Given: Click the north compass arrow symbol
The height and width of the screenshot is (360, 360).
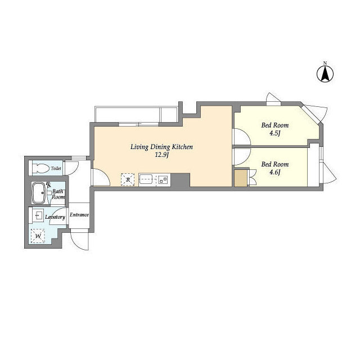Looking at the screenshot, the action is [x=325, y=74].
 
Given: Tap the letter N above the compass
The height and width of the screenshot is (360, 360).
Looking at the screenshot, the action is [x=325, y=63].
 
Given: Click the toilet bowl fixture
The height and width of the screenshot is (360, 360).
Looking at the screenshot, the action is [x=41, y=168].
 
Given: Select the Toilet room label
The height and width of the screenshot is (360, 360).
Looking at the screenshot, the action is [x=56, y=168].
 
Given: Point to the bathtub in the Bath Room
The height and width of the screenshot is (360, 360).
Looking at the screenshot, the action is [x=38, y=193].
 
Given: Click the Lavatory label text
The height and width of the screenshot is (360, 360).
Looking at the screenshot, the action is [x=55, y=217].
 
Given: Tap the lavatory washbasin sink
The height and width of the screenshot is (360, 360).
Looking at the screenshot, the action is [x=38, y=215].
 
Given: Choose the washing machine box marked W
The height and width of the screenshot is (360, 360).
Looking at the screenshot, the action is [x=38, y=236].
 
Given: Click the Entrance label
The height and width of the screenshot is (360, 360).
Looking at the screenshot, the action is [x=79, y=215].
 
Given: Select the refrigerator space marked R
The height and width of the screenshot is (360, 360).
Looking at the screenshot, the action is [x=128, y=179].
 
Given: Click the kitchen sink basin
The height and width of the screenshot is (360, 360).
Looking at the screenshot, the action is [x=146, y=179].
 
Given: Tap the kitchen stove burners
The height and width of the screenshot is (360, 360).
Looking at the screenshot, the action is [x=163, y=179].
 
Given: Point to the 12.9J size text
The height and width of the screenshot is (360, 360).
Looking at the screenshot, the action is [x=161, y=155].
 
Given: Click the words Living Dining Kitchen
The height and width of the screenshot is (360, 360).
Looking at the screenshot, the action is [x=161, y=147].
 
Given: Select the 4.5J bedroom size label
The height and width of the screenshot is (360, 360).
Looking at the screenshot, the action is [x=275, y=133].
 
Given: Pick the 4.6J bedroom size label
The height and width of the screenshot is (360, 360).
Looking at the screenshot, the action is [x=275, y=172].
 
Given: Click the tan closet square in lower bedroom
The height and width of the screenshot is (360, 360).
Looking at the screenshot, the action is [x=241, y=178].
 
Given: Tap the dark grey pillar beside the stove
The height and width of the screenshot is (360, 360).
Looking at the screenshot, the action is [x=181, y=180].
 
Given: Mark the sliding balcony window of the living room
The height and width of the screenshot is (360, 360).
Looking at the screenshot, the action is [x=139, y=124].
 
